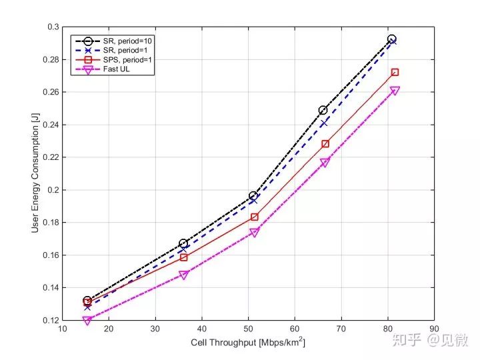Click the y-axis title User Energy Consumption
(x=35, y=173)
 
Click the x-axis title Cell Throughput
(x=247, y=341)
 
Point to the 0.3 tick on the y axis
(x=52, y=27)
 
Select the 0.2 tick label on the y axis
(x=52, y=190)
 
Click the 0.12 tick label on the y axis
(x=49, y=321)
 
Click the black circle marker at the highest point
(x=392, y=39)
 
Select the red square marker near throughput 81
(x=395, y=72)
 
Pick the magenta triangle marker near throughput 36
(x=184, y=275)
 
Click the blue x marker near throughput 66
(x=324, y=123)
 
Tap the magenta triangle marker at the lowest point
(x=87, y=321)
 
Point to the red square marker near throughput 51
(x=255, y=217)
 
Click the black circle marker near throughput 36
(x=183, y=243)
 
